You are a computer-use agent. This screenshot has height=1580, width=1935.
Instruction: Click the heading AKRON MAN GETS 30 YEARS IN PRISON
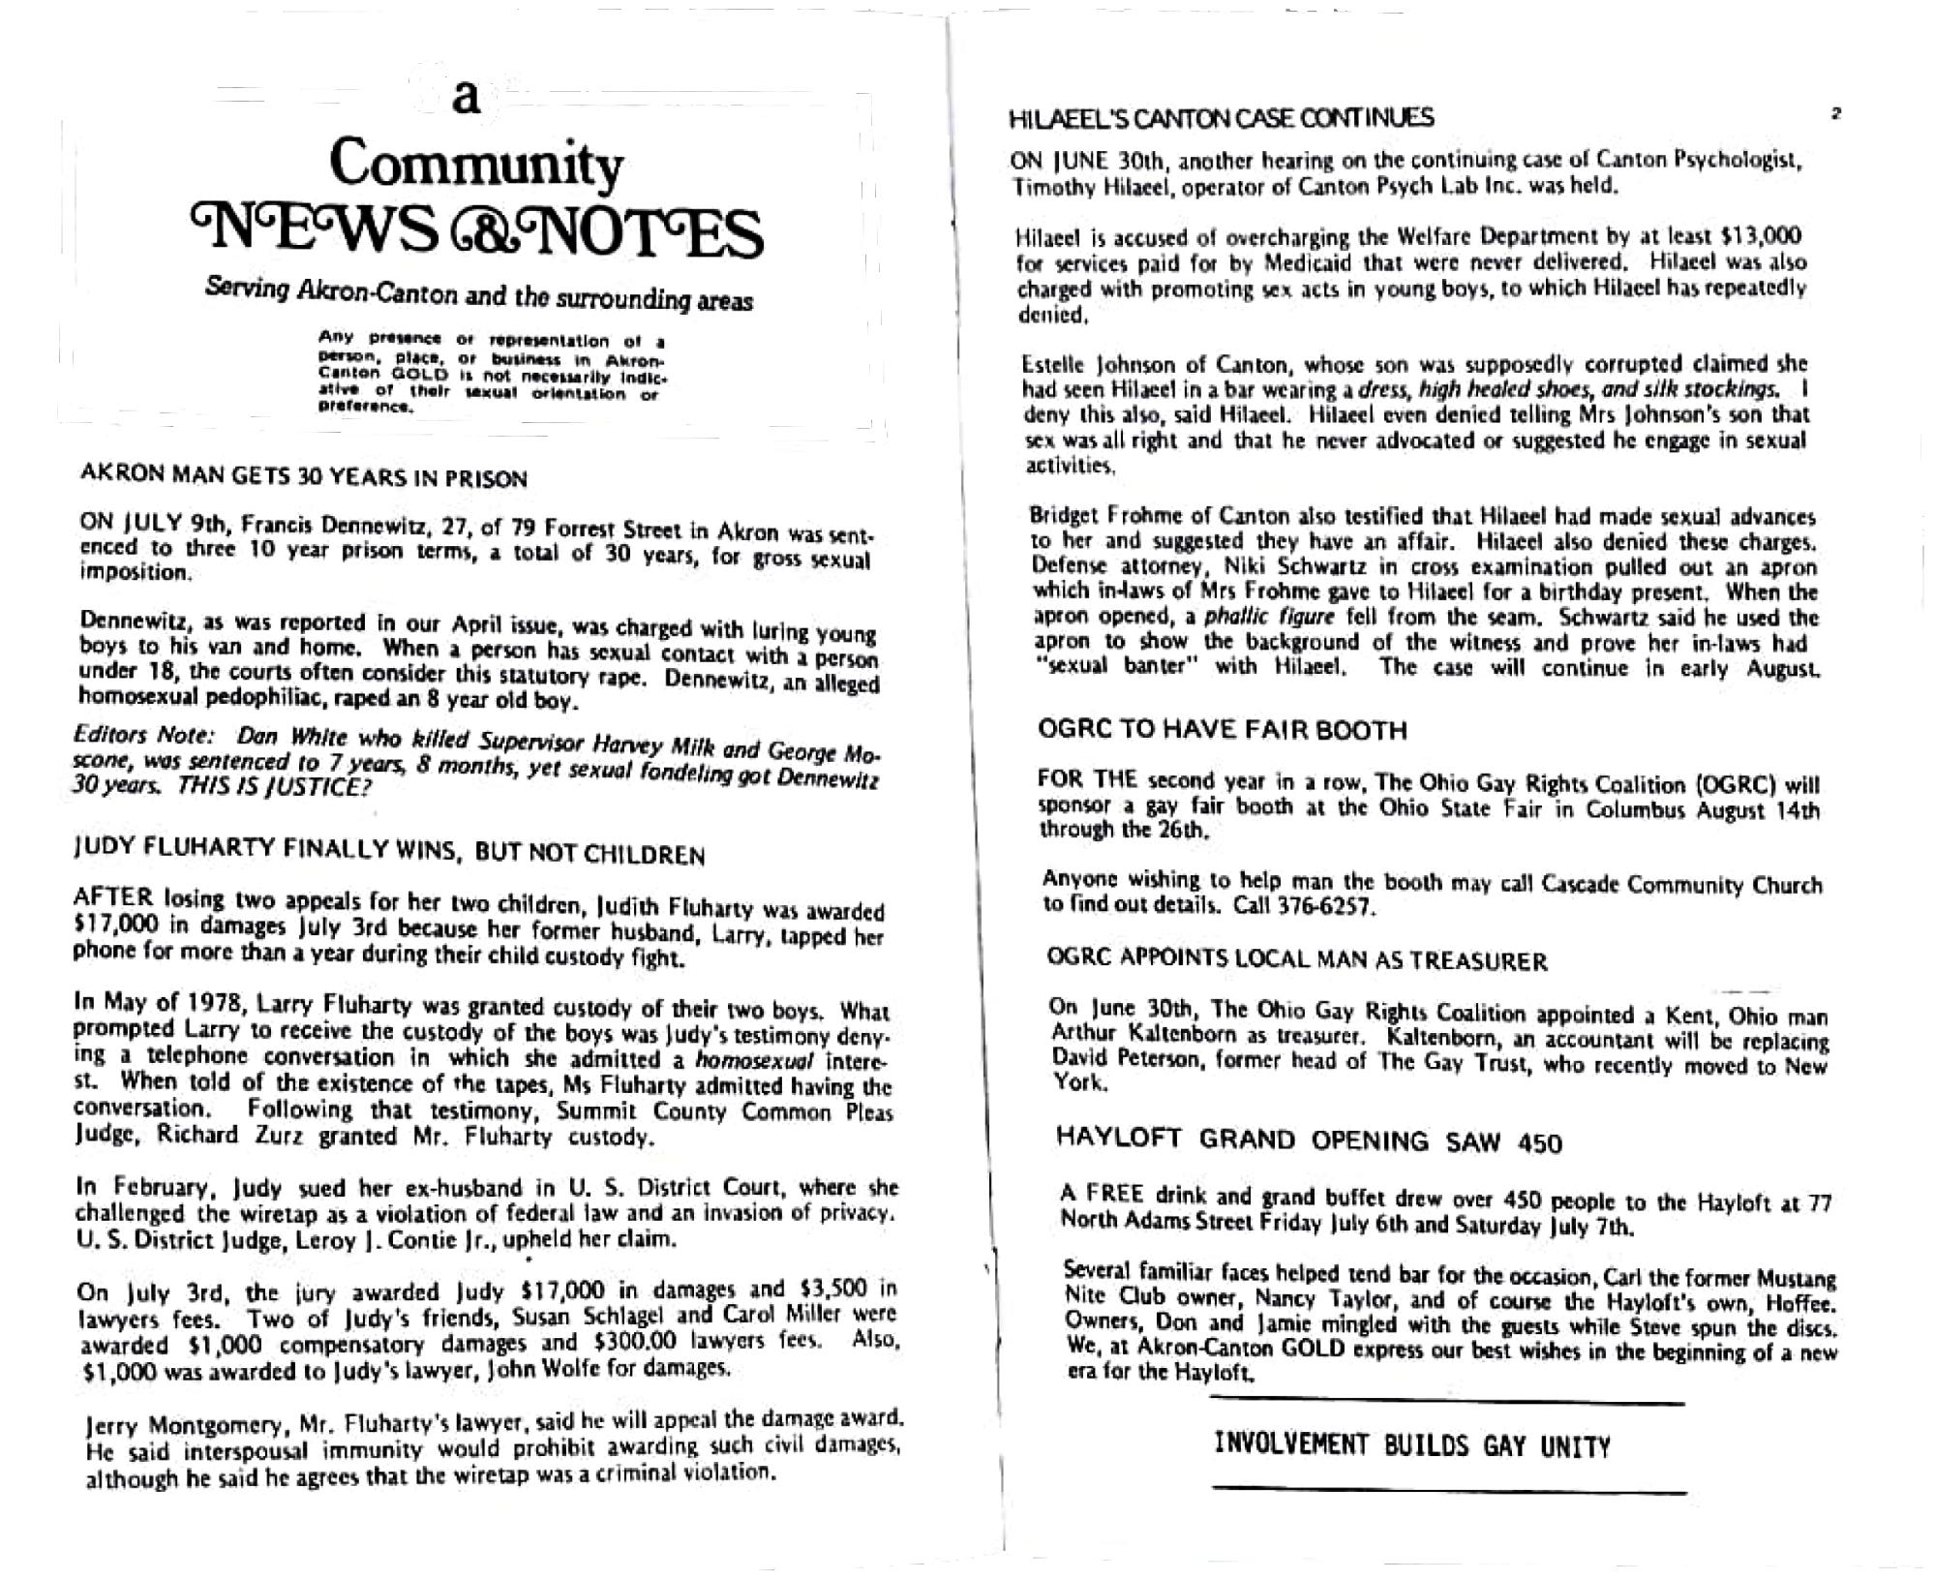[x=303, y=478]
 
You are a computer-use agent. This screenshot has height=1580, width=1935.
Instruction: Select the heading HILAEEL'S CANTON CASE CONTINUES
[x=1221, y=118]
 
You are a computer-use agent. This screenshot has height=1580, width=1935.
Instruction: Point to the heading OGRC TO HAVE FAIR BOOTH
[x=1222, y=729]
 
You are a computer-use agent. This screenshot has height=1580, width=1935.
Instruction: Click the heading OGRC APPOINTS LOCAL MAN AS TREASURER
[x=1297, y=960]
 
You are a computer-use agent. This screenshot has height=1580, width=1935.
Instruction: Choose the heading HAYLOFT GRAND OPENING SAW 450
[x=1309, y=1140]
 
